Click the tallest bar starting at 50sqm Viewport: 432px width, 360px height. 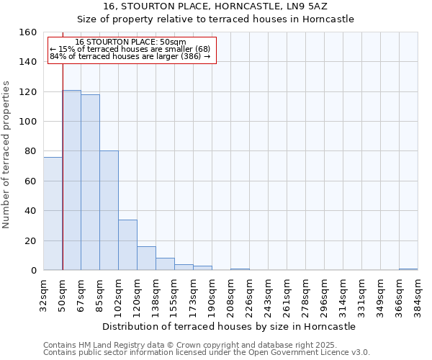click(x=71, y=180)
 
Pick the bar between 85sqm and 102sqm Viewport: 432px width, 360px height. click(x=109, y=210)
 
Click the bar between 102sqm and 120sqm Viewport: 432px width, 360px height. click(x=127, y=245)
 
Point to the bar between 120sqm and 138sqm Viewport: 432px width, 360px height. click(x=146, y=258)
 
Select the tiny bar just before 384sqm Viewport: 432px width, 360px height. click(x=408, y=269)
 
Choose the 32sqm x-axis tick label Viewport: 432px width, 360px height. click(x=43, y=294)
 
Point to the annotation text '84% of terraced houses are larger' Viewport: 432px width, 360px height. click(x=130, y=56)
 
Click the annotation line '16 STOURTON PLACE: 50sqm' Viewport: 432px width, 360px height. click(x=131, y=42)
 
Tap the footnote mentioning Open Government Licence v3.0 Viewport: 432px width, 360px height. click(x=207, y=353)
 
